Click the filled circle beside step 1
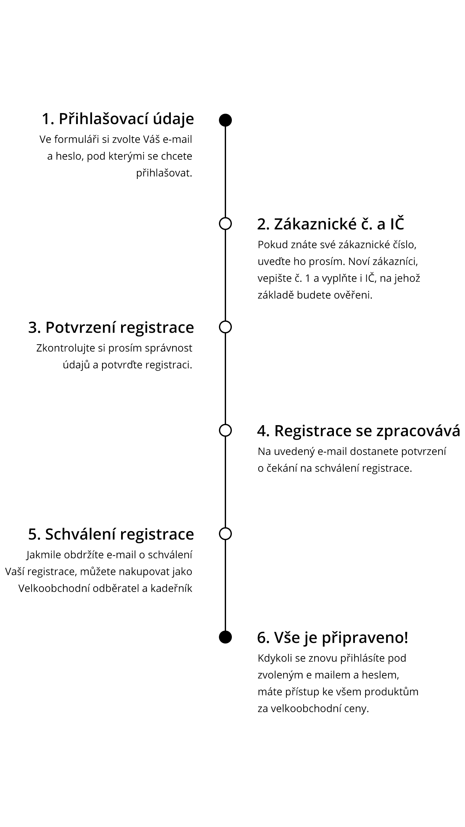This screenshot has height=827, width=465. tap(225, 120)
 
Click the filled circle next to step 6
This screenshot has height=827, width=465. tap(225, 637)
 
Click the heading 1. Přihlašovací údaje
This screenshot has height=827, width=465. tap(118, 119)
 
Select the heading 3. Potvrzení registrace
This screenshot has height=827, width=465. tap(111, 328)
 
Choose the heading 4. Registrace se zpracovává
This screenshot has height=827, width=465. tap(359, 431)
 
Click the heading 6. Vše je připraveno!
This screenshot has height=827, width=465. tap(333, 638)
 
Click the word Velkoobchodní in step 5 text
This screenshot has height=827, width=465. tap(54, 588)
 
